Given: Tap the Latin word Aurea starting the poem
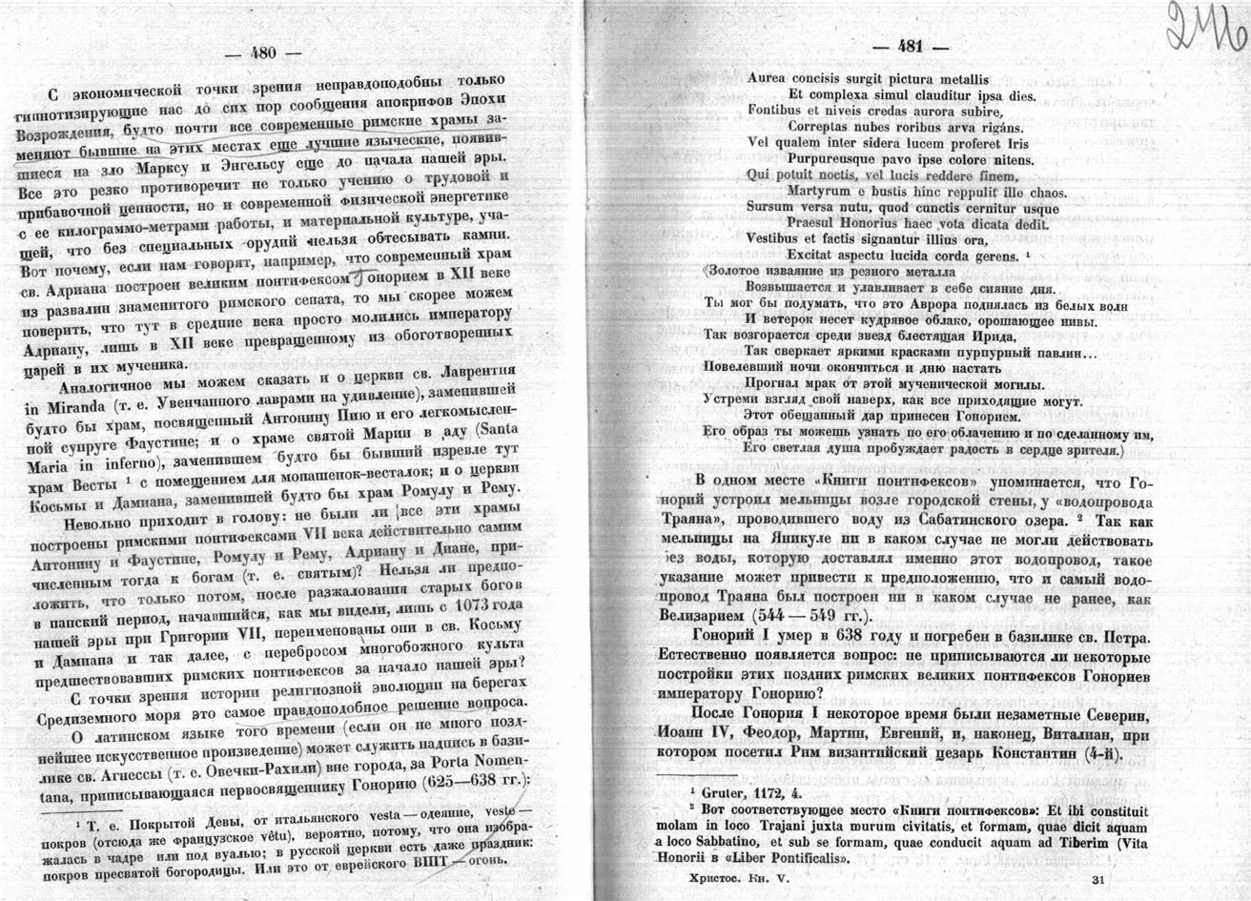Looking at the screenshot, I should pyautogui.click(x=770, y=79).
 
